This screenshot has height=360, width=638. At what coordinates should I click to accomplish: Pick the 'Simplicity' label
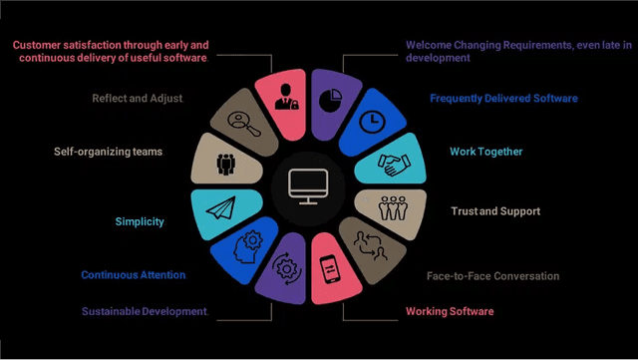point(139,221)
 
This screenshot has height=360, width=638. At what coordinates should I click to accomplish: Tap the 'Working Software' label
point(450,312)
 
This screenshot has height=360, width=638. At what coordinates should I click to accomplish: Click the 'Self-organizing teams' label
point(108,152)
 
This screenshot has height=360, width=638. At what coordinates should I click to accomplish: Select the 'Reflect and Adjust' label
point(138,99)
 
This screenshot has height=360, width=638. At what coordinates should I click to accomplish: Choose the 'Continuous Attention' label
point(133,274)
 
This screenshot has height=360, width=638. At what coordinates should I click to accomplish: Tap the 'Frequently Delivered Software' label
point(503,99)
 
